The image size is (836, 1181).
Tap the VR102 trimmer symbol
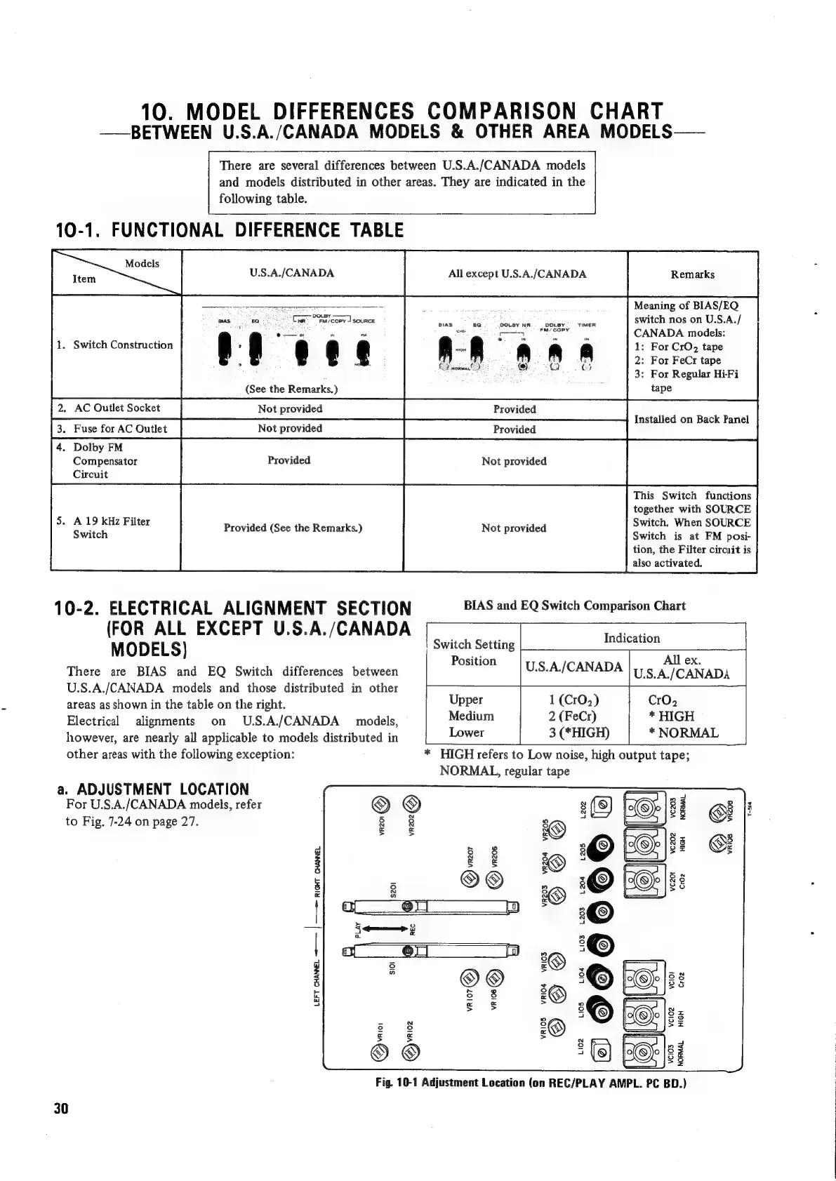[412, 1051]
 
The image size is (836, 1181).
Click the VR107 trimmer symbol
[467, 976]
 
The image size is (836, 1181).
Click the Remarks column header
[692, 274]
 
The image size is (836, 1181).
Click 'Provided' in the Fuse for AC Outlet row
[514, 429]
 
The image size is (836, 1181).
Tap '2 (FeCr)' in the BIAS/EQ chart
[572, 716]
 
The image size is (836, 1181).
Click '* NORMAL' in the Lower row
[683, 733]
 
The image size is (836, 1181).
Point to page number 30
[60, 1109]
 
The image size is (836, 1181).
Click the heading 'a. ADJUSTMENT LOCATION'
[152, 789]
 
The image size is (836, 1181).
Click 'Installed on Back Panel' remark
[691, 420]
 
